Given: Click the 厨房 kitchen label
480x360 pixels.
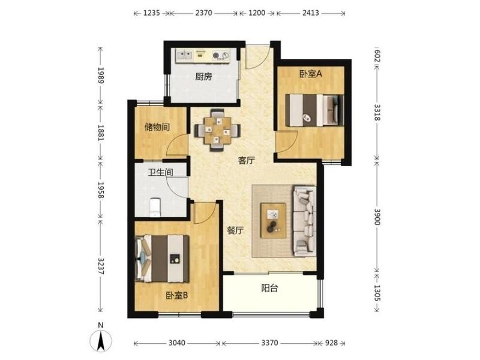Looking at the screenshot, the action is tap(203, 76).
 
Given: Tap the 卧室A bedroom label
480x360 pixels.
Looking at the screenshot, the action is tap(311, 74).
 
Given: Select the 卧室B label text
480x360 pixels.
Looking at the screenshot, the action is tap(176, 295).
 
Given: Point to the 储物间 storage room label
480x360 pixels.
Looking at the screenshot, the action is tap(157, 127).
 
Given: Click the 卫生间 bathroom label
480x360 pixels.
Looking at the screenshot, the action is tap(160, 172).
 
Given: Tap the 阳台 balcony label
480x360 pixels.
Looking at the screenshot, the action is tap(269, 288).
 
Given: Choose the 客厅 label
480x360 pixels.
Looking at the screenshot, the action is tap(247, 160).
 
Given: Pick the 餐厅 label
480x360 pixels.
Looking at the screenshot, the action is tap(235, 230).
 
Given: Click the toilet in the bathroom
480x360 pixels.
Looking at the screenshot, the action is tap(155, 207).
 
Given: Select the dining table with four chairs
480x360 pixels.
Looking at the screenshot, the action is tap(217, 130).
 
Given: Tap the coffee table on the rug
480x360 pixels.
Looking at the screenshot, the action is tap(274, 220).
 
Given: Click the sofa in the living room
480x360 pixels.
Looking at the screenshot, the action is tap(304, 220).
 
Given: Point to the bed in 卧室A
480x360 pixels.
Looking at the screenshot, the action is tap(314, 110).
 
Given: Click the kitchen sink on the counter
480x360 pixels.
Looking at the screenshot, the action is tap(185, 55).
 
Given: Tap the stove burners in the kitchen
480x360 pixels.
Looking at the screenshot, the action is tap(220, 55).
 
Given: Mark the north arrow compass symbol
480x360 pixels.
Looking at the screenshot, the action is tap(101, 339).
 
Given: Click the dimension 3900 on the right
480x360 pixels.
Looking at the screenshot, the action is tap(377, 217).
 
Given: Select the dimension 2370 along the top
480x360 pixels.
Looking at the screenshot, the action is tap(203, 13).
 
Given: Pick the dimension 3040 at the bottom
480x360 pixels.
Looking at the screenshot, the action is tap(177, 343).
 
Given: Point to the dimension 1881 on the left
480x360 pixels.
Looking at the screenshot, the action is tap(101, 133).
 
